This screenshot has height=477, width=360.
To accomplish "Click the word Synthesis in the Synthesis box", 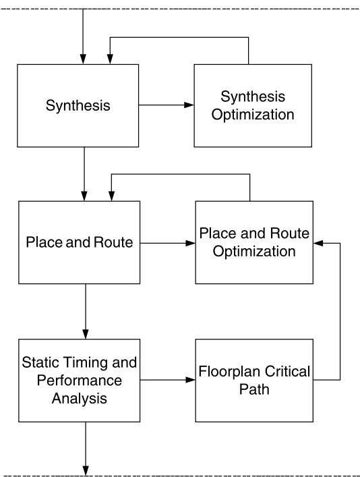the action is [78, 106].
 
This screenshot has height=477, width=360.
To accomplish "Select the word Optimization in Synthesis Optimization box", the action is [253, 115].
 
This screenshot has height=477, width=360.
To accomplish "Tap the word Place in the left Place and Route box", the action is [44, 242].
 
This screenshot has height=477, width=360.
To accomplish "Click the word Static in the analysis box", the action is [41, 362].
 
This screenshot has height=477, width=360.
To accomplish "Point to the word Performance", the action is [80, 381].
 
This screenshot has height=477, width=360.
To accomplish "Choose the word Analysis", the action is [80, 399].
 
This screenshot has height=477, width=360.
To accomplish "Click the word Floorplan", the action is [230, 372].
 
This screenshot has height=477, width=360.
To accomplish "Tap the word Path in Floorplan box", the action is [254, 389].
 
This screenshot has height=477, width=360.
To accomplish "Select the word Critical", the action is [287, 372].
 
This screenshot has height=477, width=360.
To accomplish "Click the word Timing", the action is [86, 362].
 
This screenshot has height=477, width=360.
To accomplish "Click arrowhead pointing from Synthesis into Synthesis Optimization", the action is [189, 105].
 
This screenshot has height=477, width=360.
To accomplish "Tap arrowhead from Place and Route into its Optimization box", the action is [190, 243].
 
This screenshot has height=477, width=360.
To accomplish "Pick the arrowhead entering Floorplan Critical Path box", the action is [190, 380].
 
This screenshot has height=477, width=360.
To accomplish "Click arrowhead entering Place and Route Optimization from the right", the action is [318, 243].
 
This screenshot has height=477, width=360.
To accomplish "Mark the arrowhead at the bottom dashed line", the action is [86, 470].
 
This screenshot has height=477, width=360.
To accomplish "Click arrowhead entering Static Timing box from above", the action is [86, 334].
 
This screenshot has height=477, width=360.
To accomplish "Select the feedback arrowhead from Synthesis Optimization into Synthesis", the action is [110, 59].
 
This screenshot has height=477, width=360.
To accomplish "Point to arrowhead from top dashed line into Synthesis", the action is [83, 59].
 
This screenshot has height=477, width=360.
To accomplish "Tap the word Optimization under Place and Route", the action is [254, 252].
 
